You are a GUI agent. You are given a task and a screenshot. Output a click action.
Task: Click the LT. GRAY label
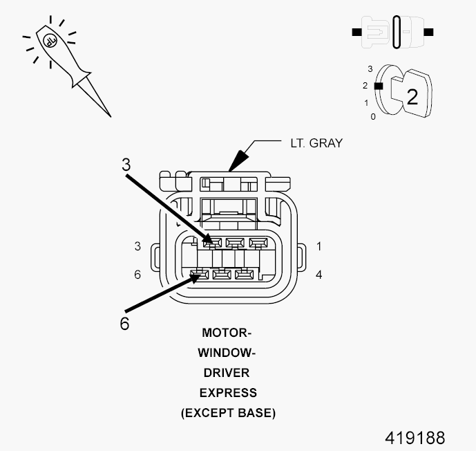pyautogui.click(x=316, y=143)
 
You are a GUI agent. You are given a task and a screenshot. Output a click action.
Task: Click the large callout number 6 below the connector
pyautogui.click(x=124, y=323)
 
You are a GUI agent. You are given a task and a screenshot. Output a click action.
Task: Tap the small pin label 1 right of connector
pyautogui.click(x=318, y=246)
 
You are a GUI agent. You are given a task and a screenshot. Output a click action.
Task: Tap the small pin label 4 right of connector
pyautogui.click(x=318, y=275)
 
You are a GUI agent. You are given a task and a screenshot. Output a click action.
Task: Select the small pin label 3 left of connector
pyautogui.click(x=137, y=246)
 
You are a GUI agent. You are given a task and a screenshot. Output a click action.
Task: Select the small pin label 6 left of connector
pyautogui.click(x=137, y=275)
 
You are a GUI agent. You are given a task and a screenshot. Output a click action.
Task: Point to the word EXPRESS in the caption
pyautogui.click(x=227, y=392)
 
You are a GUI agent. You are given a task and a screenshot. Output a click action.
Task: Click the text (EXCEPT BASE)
pyautogui.click(x=228, y=413)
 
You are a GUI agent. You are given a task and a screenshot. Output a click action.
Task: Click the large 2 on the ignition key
pyautogui.click(x=412, y=96)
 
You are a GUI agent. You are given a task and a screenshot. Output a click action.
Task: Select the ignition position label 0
pyautogui.click(x=373, y=117)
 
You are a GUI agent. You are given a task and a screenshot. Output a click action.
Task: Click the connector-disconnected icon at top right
pyautogui.click(x=392, y=32)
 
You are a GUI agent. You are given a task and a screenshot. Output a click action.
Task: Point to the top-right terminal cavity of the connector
pyautogui.click(x=258, y=243)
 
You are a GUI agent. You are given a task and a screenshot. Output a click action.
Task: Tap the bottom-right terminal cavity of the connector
pyautogui.click(x=242, y=275)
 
